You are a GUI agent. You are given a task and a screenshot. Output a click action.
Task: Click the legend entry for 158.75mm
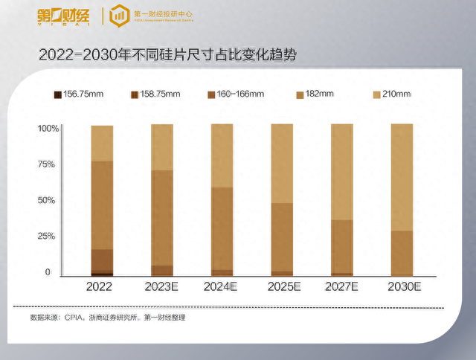pyautogui.click(x=155, y=94)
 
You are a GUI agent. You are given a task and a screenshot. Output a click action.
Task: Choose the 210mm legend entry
pyautogui.click(x=391, y=94)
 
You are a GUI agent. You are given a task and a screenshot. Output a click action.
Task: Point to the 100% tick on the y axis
pyautogui.click(x=48, y=129)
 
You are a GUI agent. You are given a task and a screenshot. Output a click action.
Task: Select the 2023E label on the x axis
pyautogui.click(x=161, y=286)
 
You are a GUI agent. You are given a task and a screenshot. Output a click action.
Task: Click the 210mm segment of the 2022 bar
pyautogui.click(x=102, y=143)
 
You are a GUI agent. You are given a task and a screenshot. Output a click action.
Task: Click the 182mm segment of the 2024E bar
pyautogui.click(x=222, y=228)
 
